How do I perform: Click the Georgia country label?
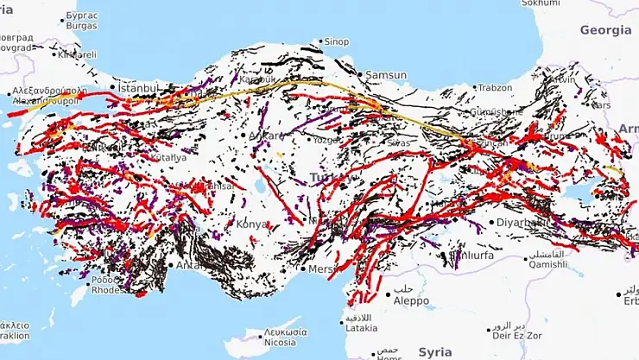[605, 30]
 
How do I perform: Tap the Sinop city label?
[336, 41]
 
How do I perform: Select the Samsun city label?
[385, 75]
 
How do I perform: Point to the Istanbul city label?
[138, 87]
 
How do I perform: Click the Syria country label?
[435, 352]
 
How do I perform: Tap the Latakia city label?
[360, 327]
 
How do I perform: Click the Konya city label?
[252, 224]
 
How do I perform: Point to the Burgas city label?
[82, 26]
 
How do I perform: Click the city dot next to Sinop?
[320, 41]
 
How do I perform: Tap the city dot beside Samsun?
[361, 75]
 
